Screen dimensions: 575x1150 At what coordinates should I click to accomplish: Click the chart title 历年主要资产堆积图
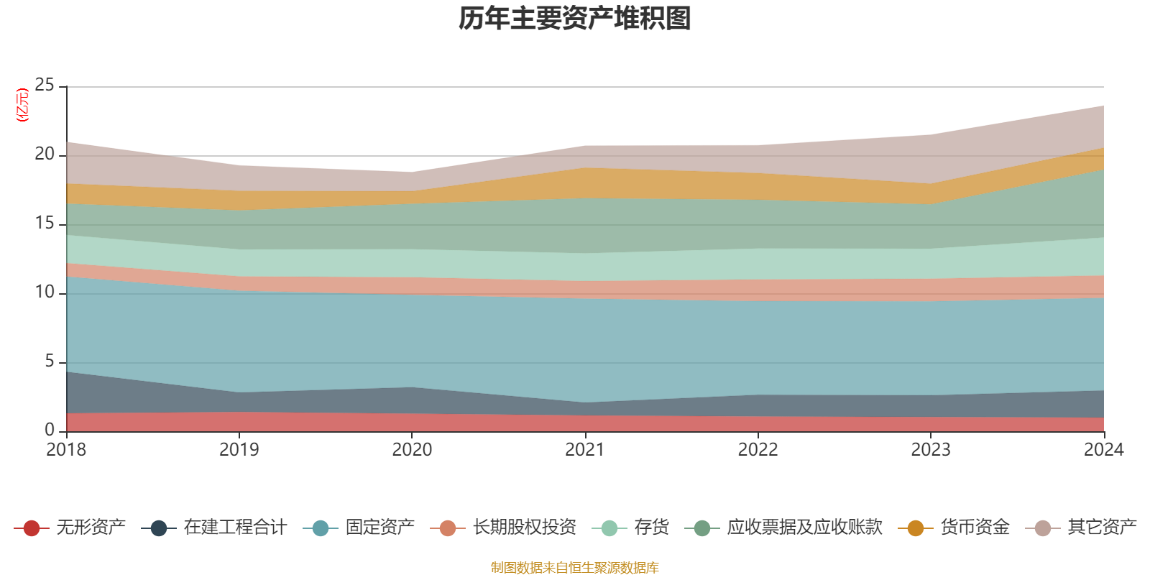click(x=575, y=19)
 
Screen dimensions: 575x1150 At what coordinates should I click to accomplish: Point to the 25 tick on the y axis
click(x=45, y=86)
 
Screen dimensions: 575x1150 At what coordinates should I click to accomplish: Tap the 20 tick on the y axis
click(x=45, y=155)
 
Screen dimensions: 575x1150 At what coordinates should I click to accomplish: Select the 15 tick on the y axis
click(x=45, y=224)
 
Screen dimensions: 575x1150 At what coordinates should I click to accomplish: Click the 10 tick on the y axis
click(x=45, y=293)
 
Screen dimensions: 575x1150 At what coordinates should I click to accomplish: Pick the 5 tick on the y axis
click(x=49, y=362)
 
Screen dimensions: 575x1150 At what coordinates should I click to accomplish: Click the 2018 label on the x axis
click(x=66, y=450)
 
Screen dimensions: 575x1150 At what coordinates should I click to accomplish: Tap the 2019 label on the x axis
click(x=239, y=450)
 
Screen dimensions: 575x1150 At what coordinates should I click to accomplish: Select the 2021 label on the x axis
click(x=585, y=450)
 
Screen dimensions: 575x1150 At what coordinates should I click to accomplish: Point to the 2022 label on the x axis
click(x=758, y=450)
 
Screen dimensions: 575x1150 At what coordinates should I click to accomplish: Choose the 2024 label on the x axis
click(x=1103, y=450)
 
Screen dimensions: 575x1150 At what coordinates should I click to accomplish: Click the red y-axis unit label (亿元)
click(x=22, y=105)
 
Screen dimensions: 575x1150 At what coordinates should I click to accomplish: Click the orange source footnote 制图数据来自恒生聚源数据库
click(x=575, y=568)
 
